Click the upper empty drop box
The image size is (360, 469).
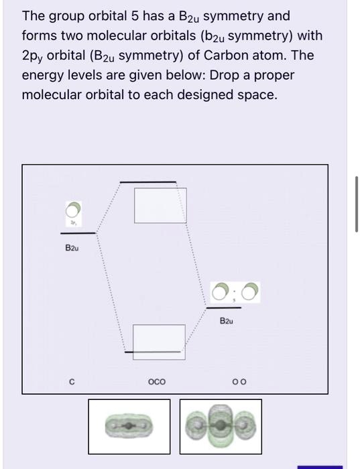pos(160,206)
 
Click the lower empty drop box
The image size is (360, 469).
pos(159,342)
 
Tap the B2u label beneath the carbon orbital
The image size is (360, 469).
pos(72,248)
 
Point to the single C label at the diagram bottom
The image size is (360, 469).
pos(72,383)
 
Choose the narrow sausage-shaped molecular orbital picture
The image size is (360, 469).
pos(129,425)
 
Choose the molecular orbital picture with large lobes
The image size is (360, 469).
pos(221,426)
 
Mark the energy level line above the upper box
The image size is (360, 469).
pos(148,182)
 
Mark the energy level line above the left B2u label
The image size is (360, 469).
pos(77,233)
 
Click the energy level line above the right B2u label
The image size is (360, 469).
pos(223,308)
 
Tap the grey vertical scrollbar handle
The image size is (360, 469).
pos(356,204)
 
